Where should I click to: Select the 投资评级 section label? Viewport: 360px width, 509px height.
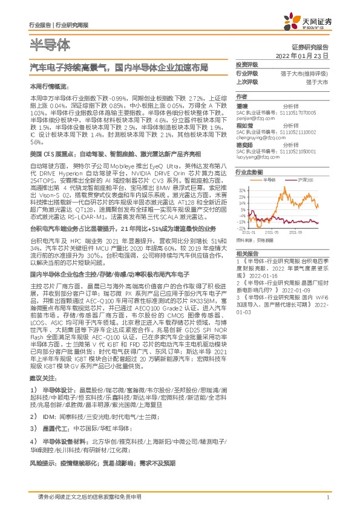pyautogui.click(x=247, y=64)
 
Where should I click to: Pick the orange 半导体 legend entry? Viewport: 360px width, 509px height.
pyautogui.click(x=270, y=180)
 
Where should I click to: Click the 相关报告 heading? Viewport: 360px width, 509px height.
pyautogui.click(x=247, y=253)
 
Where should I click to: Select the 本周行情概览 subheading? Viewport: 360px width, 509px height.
pyautogui.click(x=45, y=86)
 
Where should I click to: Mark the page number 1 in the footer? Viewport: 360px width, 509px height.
pyautogui.click(x=327, y=497)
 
